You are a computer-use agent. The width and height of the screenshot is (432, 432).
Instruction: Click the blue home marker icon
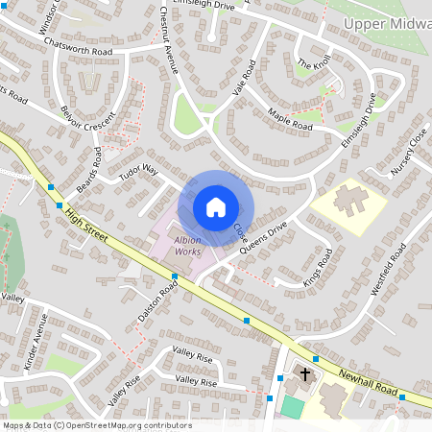tap(215, 207)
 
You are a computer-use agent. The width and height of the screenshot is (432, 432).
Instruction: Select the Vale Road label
tap(244, 77)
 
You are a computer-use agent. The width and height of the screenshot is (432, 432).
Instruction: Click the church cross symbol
tap(305, 373)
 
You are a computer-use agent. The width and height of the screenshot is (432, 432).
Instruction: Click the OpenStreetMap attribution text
tap(97, 425)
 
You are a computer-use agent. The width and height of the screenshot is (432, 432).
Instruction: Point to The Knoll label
tap(313, 64)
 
